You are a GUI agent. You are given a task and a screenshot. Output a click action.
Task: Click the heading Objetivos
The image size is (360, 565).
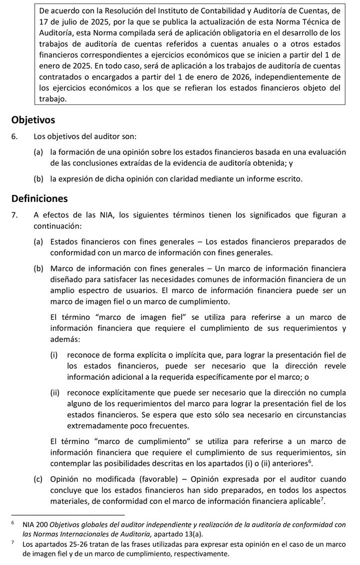point(33,120)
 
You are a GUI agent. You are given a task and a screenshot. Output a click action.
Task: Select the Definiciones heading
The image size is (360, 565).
point(39,199)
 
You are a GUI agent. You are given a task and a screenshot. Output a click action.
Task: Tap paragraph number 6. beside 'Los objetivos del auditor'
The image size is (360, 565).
point(15,136)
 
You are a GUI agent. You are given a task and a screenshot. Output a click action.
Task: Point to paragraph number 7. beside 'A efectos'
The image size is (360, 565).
point(15,215)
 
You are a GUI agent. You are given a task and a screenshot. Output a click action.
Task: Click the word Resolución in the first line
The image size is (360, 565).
point(133,10)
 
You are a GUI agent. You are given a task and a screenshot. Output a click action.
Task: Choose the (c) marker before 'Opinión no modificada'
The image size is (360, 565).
point(38,479)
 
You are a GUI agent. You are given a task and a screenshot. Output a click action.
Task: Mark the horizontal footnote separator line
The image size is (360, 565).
point(67,515)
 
